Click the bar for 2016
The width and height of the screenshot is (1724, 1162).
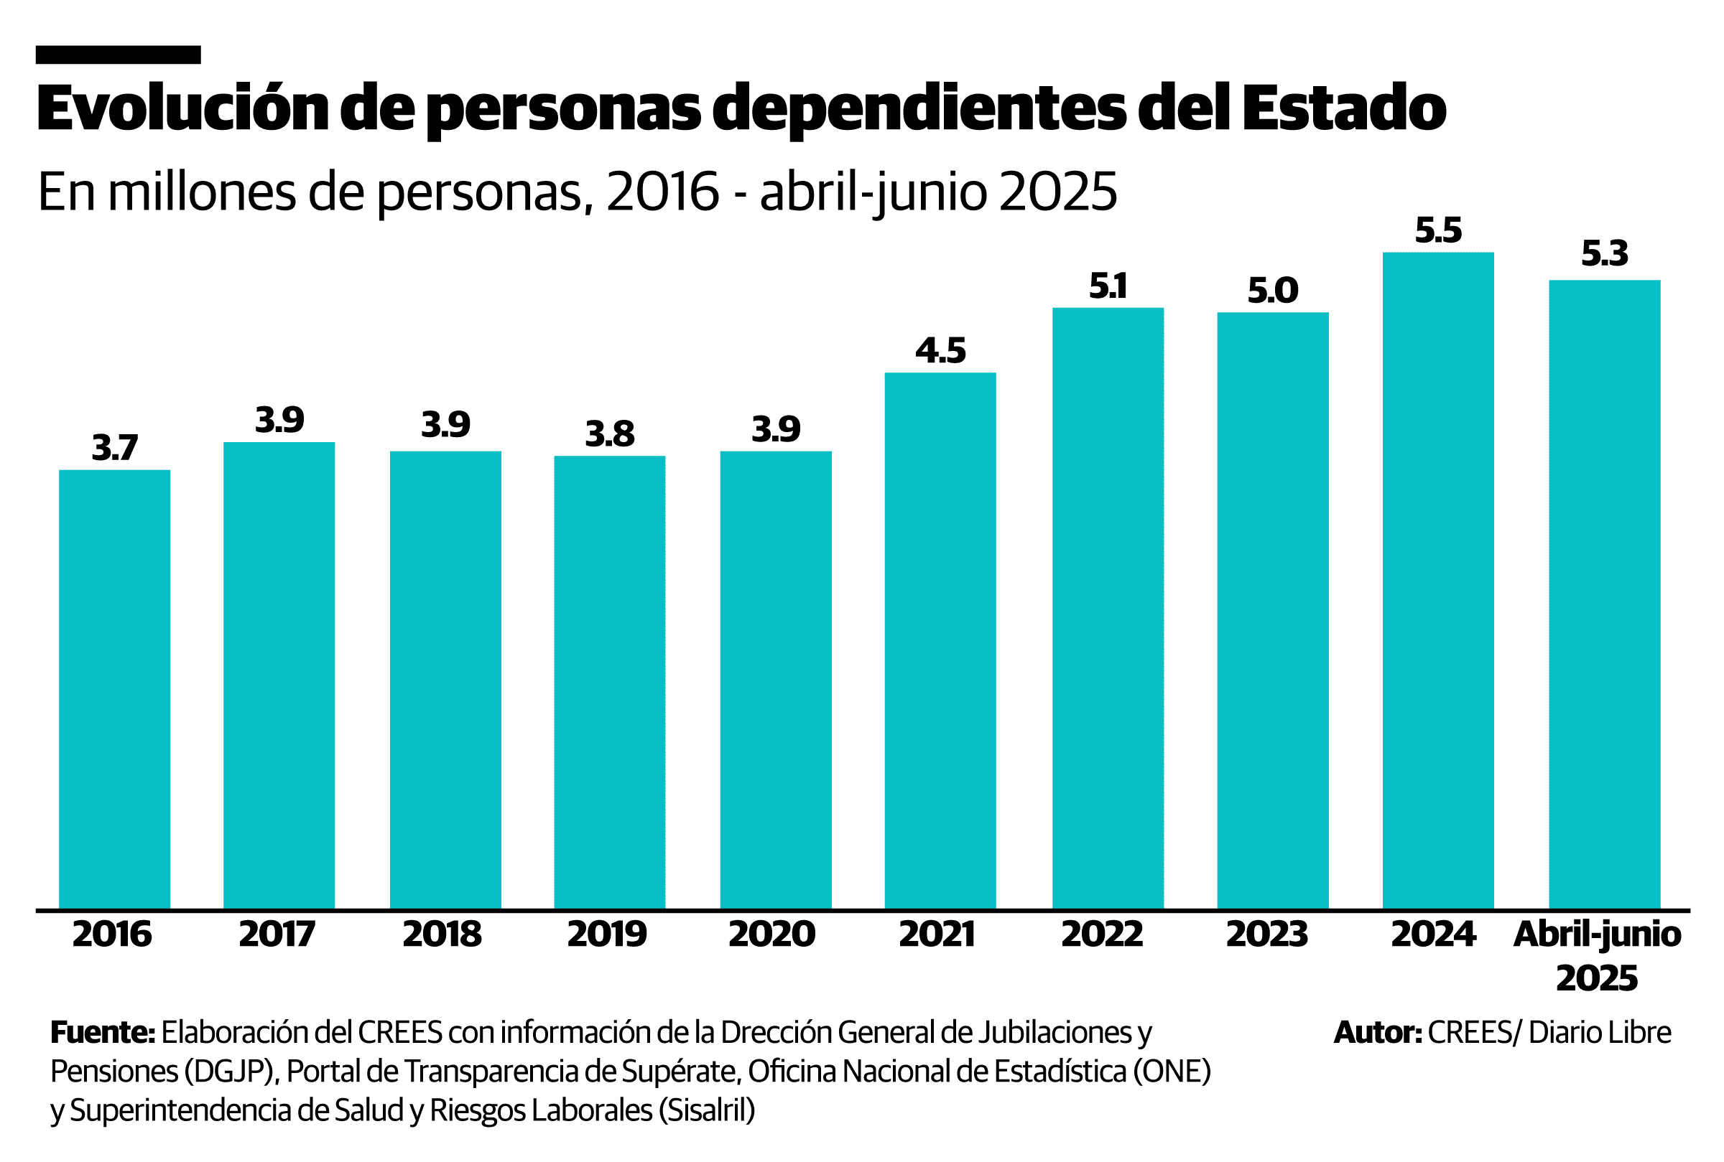point(114,688)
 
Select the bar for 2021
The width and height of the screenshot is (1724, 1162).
point(940,640)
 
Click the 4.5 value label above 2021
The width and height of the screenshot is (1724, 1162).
point(940,350)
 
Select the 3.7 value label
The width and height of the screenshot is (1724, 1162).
point(114,448)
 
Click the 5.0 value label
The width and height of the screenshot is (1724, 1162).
point(1271,290)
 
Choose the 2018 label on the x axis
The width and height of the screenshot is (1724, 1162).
point(442,934)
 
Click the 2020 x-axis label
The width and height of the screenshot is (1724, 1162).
point(771,934)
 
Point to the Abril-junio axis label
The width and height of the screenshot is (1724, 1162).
point(1596,934)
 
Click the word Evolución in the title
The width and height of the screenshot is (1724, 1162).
point(182,108)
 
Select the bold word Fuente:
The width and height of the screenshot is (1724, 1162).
point(102,1032)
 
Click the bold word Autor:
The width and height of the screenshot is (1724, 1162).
point(1377,1032)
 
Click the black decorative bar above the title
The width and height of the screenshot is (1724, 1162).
point(118,55)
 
